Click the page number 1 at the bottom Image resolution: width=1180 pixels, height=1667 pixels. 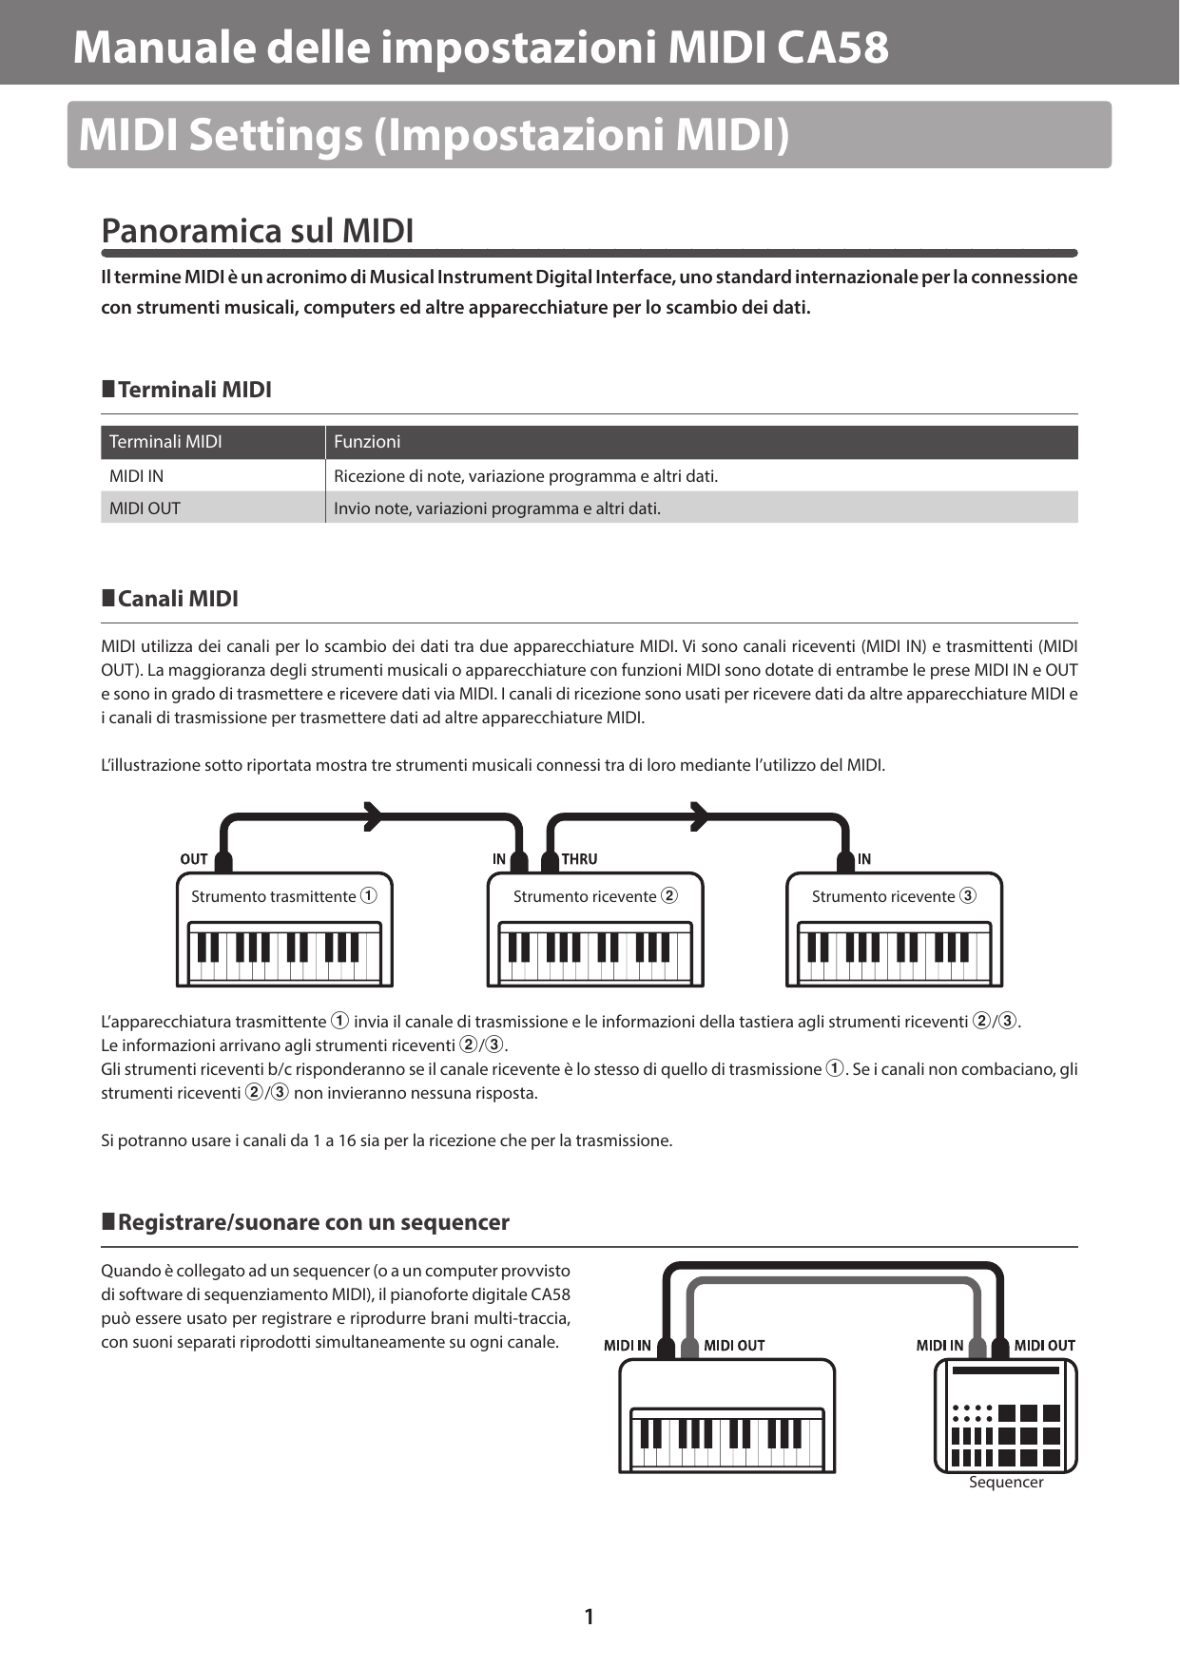(589, 1616)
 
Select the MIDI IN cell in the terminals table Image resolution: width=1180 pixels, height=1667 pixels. (136, 475)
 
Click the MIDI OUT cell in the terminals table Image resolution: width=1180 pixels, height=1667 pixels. (145, 508)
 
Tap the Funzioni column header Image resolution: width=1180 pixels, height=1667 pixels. (367, 442)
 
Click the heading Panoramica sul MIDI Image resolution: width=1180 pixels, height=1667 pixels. (257, 231)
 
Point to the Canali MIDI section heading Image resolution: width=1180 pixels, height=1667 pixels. (177, 599)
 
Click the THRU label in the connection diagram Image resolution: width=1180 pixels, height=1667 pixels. (579, 859)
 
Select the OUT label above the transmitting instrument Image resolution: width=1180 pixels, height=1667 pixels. (193, 859)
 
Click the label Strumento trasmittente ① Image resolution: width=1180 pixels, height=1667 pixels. (283, 896)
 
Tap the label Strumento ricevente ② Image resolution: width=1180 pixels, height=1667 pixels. (595, 896)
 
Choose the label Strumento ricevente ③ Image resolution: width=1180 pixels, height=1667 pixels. (894, 896)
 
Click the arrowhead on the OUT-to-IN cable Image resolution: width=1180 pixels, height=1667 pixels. (373, 815)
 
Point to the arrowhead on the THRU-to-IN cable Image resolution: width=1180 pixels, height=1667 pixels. (699, 815)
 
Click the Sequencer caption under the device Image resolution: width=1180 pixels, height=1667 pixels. (1006, 1483)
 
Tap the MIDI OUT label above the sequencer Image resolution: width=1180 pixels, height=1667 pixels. (1044, 1345)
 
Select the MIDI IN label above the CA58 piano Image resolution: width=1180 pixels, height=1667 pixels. (628, 1345)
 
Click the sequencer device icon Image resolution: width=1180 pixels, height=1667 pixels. (1006, 1416)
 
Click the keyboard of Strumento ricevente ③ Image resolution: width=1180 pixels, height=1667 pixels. (894, 953)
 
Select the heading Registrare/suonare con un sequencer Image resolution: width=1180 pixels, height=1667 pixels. (313, 1222)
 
